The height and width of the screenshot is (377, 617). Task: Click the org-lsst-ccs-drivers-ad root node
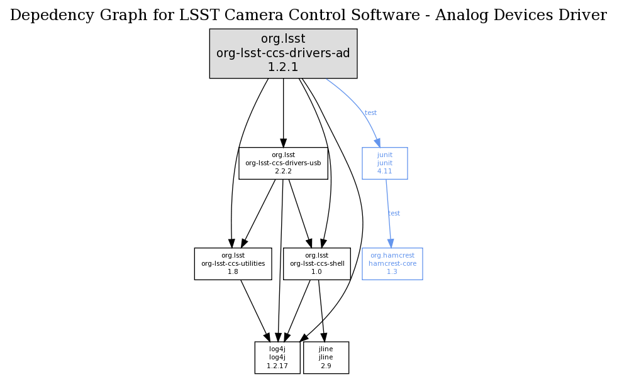point(283,53)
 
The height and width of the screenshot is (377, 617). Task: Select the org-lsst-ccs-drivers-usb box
point(283,163)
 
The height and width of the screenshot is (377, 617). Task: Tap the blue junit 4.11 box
point(384,163)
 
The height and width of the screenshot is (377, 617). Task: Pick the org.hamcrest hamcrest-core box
point(392,263)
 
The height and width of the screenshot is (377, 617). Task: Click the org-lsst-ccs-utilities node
point(233,263)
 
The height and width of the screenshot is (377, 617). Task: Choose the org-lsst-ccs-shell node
point(317,263)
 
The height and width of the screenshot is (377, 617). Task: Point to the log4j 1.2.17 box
point(277,358)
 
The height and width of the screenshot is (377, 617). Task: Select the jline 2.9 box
point(326,358)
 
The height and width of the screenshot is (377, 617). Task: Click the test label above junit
point(370,113)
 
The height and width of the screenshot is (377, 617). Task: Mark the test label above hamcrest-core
point(394,214)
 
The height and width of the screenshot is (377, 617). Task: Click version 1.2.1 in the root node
point(283,67)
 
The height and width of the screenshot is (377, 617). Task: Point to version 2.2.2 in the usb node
point(283,171)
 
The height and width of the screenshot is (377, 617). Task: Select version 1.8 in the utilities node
point(233,271)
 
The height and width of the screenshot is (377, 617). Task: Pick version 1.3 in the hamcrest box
point(392,271)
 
